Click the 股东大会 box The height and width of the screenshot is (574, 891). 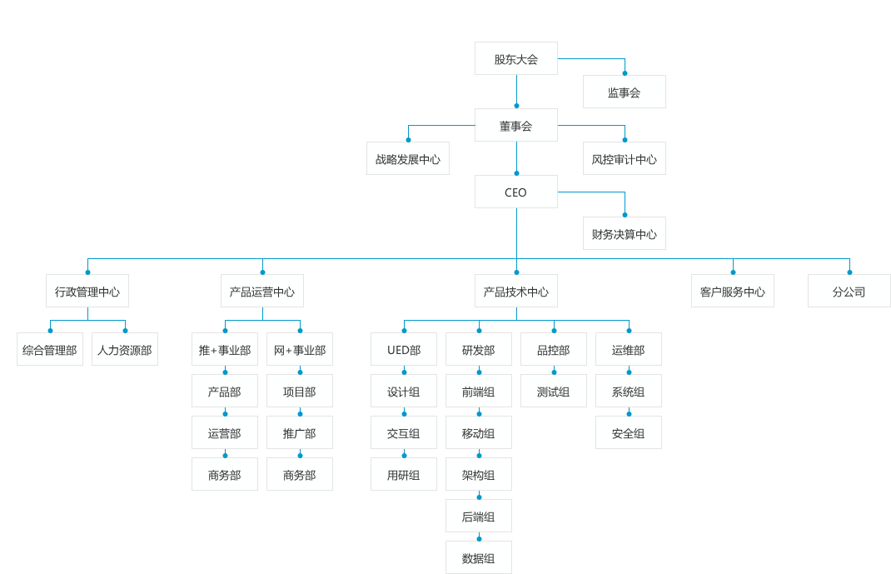pos(515,59)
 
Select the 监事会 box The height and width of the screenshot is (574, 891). pos(624,92)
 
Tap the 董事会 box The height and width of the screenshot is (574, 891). pos(515,126)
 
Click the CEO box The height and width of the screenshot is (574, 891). pos(515,192)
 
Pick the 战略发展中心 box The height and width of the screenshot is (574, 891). pos(407,159)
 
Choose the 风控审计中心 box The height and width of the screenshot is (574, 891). pos(624,159)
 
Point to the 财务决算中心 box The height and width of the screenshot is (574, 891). pos(624,234)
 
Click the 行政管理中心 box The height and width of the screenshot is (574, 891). pos(87,292)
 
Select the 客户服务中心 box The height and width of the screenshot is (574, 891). pos(732,292)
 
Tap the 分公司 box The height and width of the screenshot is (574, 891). pos(849,292)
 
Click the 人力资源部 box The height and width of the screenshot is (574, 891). pos(125,350)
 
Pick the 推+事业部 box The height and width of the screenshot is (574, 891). pos(225,350)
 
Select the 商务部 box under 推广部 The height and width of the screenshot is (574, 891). pos(300,475)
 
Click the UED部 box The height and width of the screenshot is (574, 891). pos(404,350)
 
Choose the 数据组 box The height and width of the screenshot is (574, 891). pos(479,558)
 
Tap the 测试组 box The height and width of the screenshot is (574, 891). pos(554,392)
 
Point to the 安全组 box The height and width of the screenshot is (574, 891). pos(629,433)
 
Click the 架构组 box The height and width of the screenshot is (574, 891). pos(479,475)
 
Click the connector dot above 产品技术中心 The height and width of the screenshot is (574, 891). pos(516,272)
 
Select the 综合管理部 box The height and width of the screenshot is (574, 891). pos(50,350)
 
